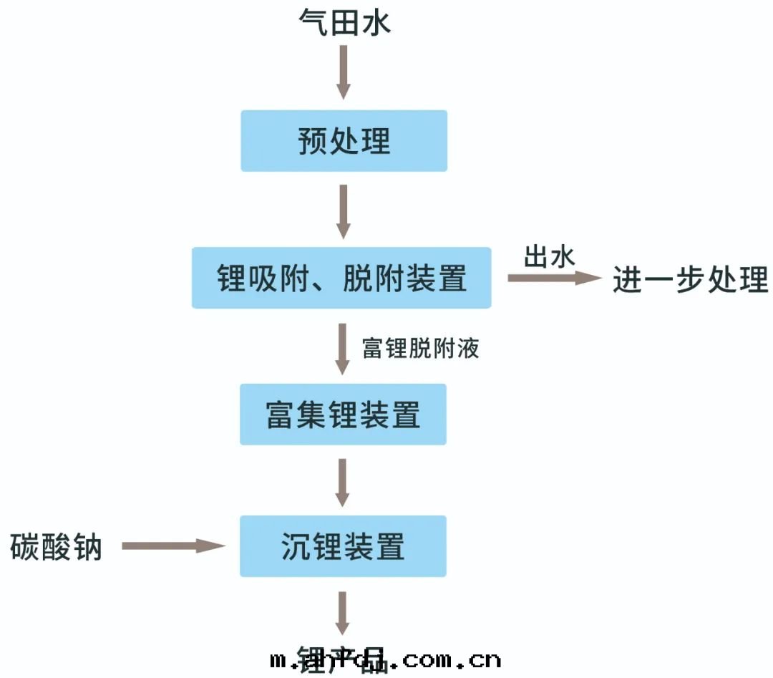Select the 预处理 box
(x=344, y=141)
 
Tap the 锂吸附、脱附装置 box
(x=341, y=278)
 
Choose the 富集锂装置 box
(x=343, y=415)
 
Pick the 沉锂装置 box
(x=343, y=546)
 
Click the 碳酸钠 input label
(x=57, y=548)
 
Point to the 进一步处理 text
(x=690, y=279)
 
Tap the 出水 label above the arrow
(x=549, y=256)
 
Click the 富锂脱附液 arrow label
(x=420, y=349)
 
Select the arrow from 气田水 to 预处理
(x=344, y=74)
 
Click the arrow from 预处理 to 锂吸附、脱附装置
(x=344, y=211)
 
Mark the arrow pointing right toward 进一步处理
(x=555, y=278)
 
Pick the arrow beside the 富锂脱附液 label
(x=343, y=349)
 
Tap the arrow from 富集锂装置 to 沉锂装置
(x=343, y=482)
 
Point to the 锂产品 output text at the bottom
(x=341, y=659)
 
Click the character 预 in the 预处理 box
(x=313, y=141)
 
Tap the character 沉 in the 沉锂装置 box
(x=296, y=546)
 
